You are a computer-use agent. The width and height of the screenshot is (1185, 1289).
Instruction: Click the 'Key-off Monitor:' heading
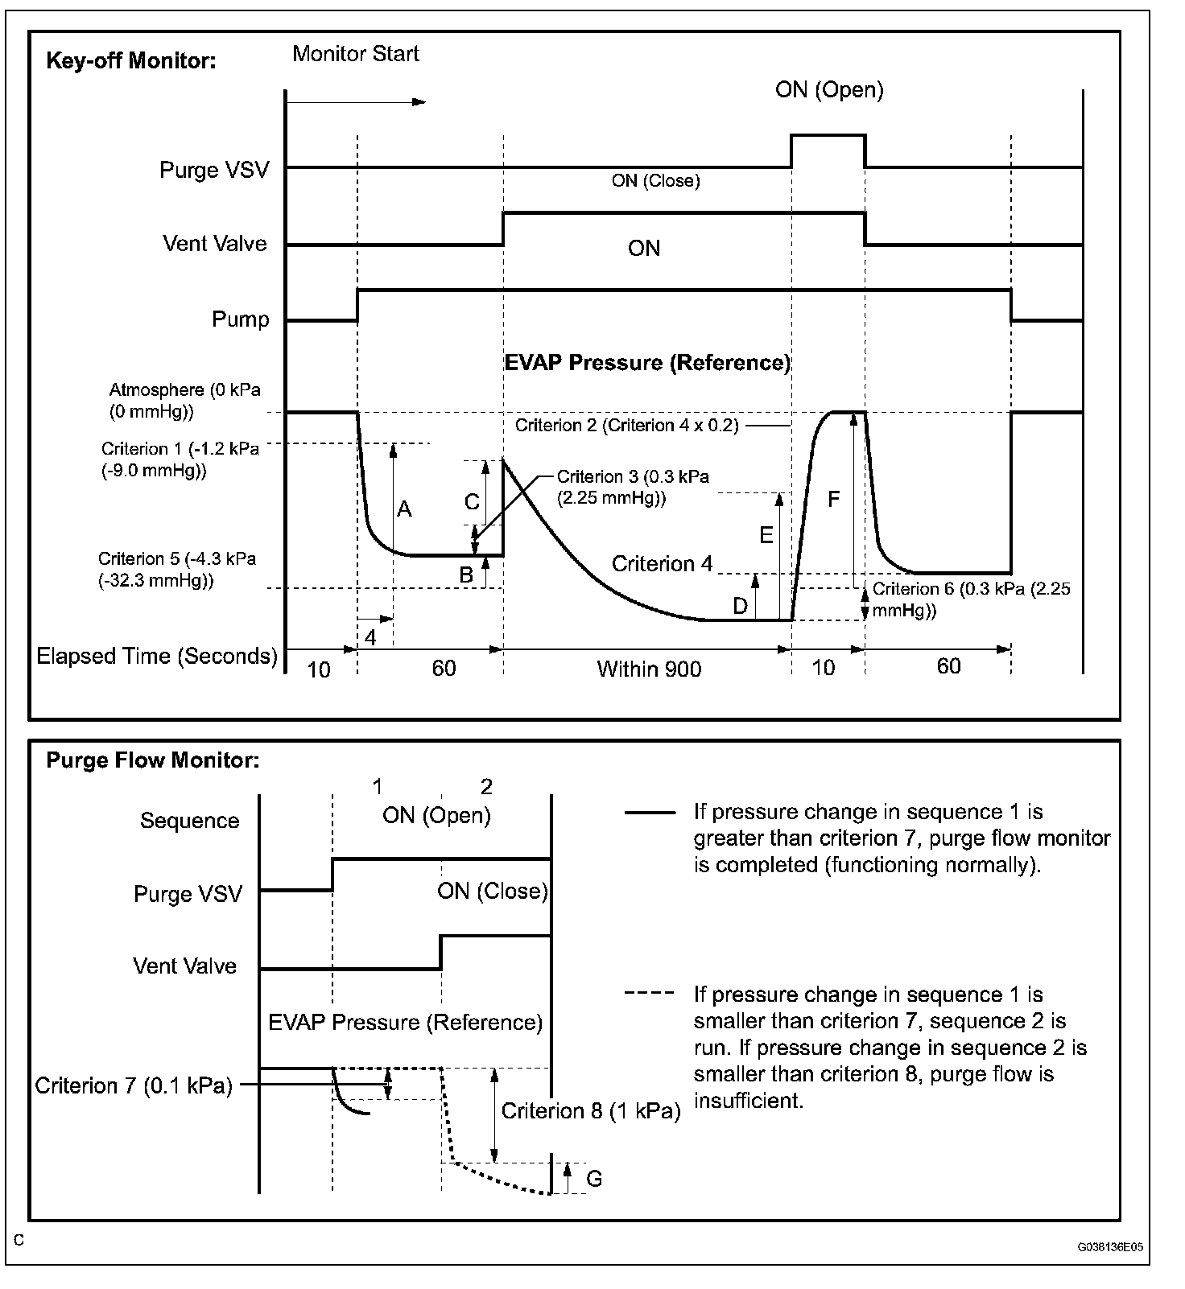pos(131,61)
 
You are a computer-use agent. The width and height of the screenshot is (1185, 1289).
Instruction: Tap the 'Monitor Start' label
pos(356,54)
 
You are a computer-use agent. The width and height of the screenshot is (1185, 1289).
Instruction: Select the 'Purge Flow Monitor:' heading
pos(153,760)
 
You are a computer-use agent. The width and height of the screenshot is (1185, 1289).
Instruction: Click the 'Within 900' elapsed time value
pos(649,669)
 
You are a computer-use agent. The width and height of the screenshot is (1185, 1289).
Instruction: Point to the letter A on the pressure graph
pos(404,509)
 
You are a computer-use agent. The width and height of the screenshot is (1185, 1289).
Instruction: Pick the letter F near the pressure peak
pos(833,500)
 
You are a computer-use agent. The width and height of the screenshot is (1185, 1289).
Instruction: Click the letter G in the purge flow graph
pos(594,1179)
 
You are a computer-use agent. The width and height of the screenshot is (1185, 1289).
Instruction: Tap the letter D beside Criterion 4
pos(741,606)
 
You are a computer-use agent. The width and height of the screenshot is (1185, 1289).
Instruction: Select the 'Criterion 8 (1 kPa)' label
pos(591,1111)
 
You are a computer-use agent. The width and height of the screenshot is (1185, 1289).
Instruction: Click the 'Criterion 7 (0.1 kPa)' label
pos(134,1085)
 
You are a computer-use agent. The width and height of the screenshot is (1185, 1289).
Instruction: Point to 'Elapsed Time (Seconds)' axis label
pos(157,656)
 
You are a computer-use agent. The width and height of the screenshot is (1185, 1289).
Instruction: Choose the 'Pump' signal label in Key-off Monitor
pos(240,319)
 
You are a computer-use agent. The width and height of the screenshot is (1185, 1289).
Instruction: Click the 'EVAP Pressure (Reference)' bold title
pos(647,363)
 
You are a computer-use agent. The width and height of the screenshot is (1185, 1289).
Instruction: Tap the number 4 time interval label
pos(370,638)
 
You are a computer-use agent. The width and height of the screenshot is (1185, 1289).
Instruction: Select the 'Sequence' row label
pos(190,821)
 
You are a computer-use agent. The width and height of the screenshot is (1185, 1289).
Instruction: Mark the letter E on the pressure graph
pos(766,535)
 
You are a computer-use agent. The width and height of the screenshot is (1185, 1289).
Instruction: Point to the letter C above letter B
pos(472,502)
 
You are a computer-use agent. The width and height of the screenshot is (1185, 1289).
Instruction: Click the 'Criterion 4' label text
pos(662,564)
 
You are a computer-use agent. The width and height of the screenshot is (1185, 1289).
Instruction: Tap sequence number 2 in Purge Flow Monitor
pos(485,786)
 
